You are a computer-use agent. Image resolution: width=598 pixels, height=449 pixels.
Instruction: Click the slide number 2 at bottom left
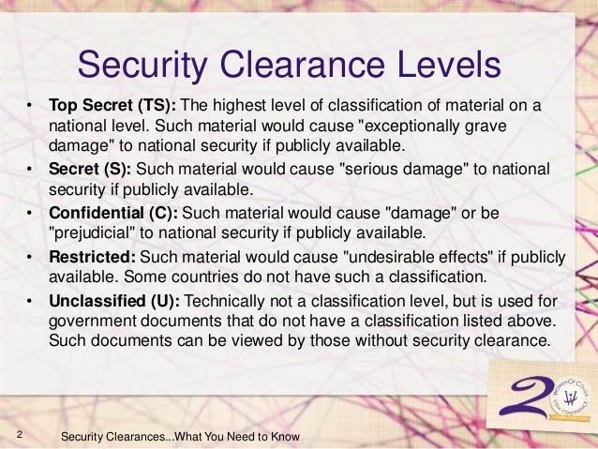pyautogui.click(x=19, y=434)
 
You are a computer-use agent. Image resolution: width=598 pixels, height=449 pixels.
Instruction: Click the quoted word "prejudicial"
pyautogui.click(x=92, y=232)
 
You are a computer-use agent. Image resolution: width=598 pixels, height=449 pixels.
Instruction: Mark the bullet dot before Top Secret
pyautogui.click(x=30, y=105)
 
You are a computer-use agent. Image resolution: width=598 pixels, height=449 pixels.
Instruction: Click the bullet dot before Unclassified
pyautogui.click(x=30, y=301)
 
